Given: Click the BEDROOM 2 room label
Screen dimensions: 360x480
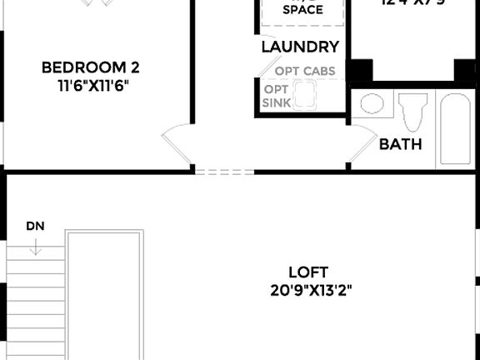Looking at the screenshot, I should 90,67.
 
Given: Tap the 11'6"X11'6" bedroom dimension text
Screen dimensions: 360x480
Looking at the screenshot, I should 90,85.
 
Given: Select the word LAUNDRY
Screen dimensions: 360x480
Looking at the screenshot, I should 300,47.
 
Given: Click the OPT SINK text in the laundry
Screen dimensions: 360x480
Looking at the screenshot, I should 276,97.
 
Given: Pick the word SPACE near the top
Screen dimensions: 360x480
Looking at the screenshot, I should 302,10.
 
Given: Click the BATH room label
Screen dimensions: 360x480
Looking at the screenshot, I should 400,144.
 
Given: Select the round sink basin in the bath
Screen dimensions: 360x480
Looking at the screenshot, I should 372,105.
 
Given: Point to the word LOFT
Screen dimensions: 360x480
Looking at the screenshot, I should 308,272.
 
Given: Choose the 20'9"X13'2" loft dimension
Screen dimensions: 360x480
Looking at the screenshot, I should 308,292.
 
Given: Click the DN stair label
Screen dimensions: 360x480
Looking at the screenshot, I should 35,226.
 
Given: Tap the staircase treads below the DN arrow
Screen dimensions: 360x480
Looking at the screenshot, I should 35,300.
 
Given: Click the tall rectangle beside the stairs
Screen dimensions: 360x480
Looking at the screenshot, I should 104,296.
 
